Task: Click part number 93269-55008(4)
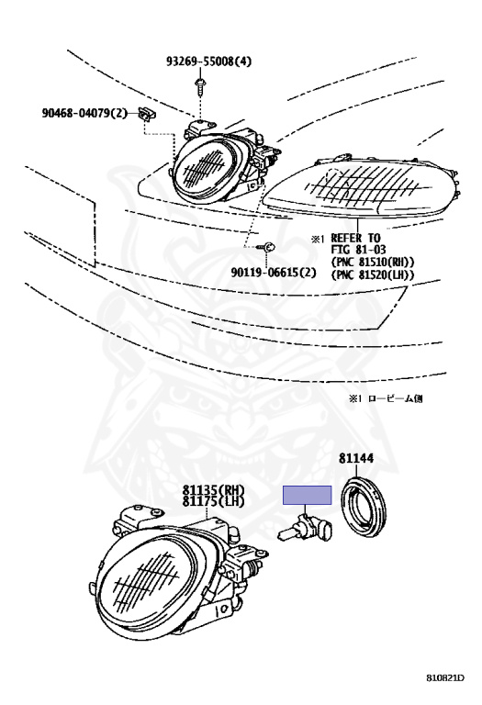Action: coord(208,61)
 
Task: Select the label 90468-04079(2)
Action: coord(84,113)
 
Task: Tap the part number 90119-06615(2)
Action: coord(274,272)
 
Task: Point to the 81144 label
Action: coord(356,458)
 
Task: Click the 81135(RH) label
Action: coord(213,489)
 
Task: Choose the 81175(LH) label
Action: coord(213,501)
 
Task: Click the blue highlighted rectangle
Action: coord(307,495)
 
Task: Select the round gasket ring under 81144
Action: coord(364,508)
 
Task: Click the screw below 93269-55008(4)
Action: coord(199,87)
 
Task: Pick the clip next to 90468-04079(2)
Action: coord(148,114)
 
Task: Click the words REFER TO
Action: coord(355,238)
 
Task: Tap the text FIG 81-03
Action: coord(358,250)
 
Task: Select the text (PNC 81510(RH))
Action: coord(373,262)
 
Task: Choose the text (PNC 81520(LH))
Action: coord(373,274)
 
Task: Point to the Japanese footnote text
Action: coord(386,397)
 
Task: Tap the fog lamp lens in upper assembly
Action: coord(204,169)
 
